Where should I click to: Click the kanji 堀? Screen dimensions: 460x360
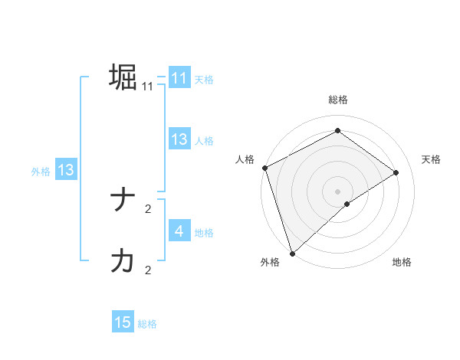click(x=123, y=77)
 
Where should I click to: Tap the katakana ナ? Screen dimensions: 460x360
click(x=123, y=201)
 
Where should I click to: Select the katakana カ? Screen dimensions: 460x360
click(x=123, y=261)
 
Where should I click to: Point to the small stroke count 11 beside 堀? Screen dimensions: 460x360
click(x=148, y=87)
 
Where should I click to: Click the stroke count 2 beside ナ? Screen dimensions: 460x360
click(x=148, y=208)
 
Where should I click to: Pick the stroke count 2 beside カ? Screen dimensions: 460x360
click(x=148, y=270)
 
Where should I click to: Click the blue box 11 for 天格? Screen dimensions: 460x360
click(x=179, y=78)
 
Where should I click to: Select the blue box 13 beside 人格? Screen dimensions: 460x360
click(x=179, y=139)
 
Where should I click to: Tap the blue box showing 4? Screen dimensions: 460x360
click(x=179, y=231)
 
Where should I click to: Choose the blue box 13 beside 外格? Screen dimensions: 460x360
click(x=65, y=170)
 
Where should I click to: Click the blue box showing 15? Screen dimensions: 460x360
click(x=123, y=322)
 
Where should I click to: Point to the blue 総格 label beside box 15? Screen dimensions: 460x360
click(x=147, y=324)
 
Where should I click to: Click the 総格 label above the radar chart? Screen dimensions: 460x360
click(x=337, y=100)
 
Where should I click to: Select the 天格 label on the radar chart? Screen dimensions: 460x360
click(x=432, y=159)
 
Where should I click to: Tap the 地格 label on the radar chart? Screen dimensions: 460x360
click(x=402, y=263)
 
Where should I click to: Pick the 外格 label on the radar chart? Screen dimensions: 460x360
click(x=269, y=263)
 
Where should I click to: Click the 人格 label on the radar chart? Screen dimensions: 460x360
click(x=245, y=159)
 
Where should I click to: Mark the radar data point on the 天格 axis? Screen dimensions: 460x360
click(x=396, y=172)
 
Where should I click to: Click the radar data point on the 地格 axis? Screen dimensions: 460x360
click(x=347, y=204)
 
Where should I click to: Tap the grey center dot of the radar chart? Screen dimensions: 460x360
click(x=337, y=191)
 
